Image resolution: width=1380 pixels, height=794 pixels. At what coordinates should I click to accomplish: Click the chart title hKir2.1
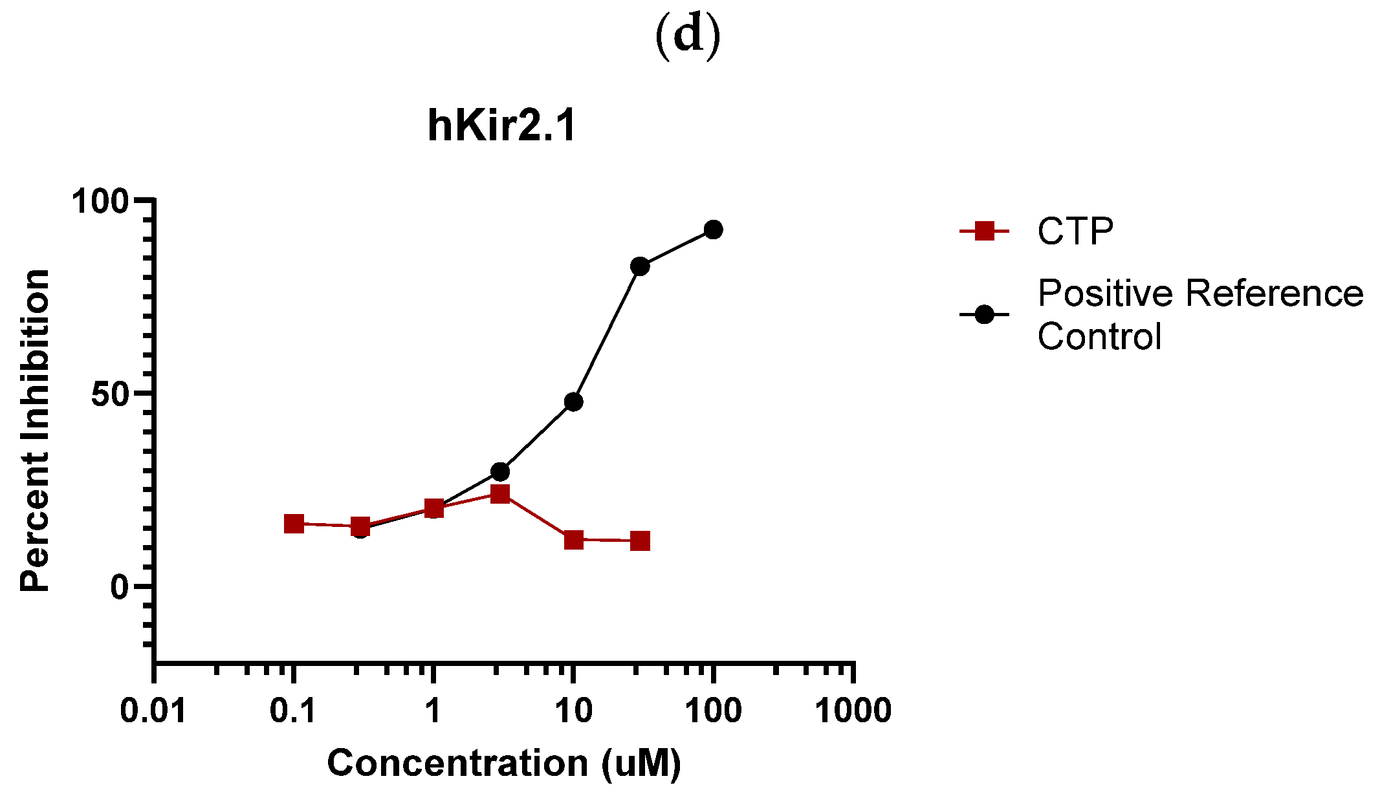[x=501, y=125]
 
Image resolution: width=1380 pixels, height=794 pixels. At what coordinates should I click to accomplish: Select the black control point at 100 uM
[x=713, y=230]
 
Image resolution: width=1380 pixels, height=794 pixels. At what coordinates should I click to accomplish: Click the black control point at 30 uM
[x=640, y=266]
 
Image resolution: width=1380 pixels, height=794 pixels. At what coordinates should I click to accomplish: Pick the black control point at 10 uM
[x=573, y=402]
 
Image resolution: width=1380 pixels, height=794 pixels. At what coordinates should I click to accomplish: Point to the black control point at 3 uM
[x=500, y=471]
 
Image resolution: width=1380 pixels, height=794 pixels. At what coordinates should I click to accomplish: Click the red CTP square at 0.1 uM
[x=294, y=524]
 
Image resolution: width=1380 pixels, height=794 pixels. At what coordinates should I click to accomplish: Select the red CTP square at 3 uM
[x=500, y=495]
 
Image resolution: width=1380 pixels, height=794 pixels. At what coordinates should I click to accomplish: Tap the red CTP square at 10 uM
[x=573, y=539]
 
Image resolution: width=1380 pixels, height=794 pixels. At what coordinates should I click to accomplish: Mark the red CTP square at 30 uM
[x=640, y=541]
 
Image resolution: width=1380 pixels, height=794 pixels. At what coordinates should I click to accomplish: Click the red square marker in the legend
[x=984, y=231]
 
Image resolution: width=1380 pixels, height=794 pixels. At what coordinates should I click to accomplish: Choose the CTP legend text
[x=1075, y=231]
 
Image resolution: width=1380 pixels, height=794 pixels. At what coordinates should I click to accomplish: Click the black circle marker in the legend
[x=984, y=315]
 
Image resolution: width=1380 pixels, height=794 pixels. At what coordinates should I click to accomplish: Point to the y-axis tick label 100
[x=100, y=201]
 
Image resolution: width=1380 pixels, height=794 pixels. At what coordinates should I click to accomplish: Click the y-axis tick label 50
[x=111, y=394]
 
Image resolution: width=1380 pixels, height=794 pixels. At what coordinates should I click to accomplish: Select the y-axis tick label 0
[x=120, y=587]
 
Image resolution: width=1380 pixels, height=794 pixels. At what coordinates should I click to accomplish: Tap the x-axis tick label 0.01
[x=153, y=711]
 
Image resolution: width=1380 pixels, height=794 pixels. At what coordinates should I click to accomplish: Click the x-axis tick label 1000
[x=853, y=711]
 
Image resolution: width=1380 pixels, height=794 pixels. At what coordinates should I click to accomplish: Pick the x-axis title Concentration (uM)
[x=504, y=763]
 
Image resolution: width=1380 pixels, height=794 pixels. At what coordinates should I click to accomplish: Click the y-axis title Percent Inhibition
[x=35, y=430]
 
